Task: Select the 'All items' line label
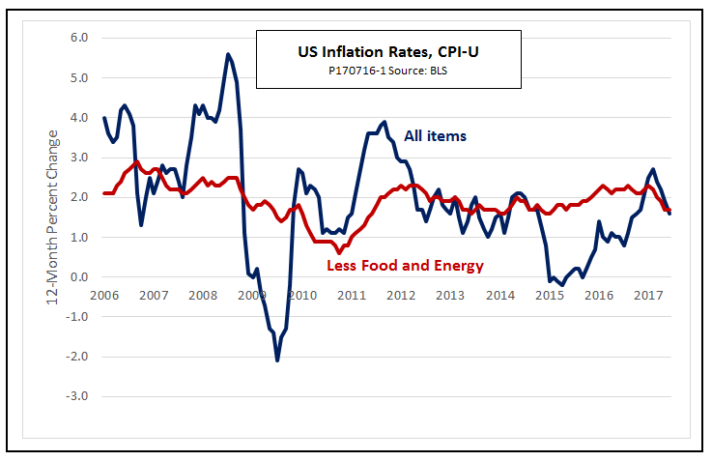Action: pos(435,136)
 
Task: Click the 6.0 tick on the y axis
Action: pos(77,38)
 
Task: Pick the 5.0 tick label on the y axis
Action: pos(77,77)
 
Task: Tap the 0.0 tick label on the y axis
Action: pos(77,277)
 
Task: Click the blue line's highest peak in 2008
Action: pos(228,54)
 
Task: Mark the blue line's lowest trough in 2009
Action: pos(277,360)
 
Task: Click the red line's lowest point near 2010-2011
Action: pos(339,252)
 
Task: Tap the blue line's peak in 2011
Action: pos(384,122)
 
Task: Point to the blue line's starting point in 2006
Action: pos(104,118)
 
